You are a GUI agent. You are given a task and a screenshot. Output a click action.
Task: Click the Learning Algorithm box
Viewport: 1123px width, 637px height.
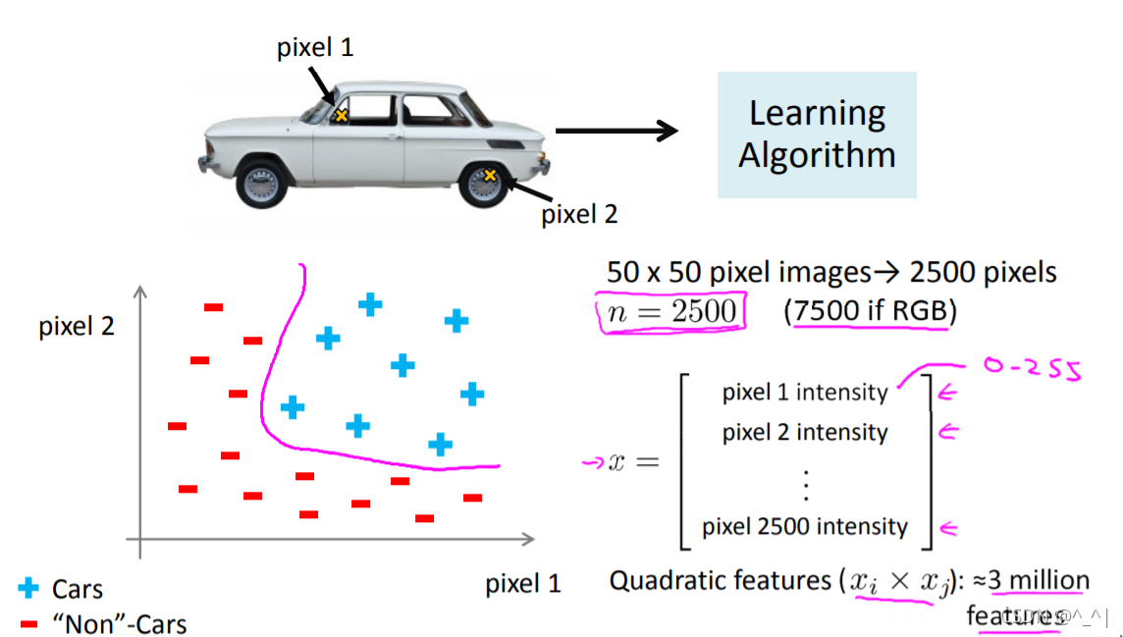817,134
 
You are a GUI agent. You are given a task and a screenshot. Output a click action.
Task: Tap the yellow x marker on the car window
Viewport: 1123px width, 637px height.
342,116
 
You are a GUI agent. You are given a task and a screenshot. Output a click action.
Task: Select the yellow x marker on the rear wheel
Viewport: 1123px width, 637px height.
490,176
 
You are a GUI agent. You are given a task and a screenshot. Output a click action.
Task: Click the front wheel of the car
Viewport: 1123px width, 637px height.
262,183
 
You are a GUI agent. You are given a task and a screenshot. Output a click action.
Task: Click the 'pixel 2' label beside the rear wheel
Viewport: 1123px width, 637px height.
579,214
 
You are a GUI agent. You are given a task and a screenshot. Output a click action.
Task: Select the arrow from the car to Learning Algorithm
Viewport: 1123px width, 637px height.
616,131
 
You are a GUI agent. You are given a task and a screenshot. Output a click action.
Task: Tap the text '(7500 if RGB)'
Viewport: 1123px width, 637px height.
870,312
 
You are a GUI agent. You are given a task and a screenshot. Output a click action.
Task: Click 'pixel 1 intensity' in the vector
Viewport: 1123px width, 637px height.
805,393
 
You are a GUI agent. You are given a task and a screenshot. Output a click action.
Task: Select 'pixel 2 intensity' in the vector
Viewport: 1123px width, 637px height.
805,433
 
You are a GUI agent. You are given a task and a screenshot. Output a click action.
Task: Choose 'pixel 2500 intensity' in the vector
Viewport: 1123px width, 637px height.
805,527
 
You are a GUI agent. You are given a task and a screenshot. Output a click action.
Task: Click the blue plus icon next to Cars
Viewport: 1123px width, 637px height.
29,589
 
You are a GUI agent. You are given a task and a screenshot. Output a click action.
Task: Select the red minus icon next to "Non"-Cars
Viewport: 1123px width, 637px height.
29,623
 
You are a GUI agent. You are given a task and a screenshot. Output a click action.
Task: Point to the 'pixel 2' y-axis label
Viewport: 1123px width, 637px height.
77,326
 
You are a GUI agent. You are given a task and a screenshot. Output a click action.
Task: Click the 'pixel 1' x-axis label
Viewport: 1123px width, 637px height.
523,585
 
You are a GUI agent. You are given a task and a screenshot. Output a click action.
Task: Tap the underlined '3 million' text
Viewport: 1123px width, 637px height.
1039,580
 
